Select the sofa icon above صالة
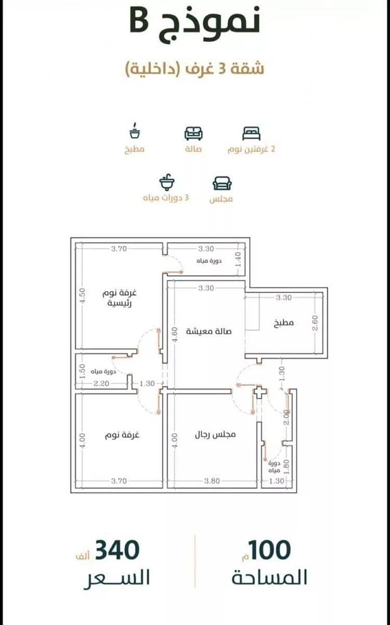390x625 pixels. (193, 133)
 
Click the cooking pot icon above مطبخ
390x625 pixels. (135, 131)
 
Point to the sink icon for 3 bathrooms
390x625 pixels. (167, 182)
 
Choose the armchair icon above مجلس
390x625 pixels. (222, 184)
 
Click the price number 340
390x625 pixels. (117, 550)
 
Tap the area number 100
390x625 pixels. (270, 550)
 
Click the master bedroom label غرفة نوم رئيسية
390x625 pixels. (119, 298)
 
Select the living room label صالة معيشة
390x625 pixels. (209, 331)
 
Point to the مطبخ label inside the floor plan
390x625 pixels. (284, 322)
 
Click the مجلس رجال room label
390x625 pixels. (215, 434)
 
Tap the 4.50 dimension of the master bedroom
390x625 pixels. (82, 296)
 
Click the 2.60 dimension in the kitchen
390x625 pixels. (315, 322)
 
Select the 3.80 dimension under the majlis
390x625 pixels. (212, 481)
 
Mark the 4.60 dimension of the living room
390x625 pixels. (174, 335)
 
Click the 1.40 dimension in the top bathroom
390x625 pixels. (238, 259)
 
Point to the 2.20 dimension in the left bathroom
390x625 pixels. (101, 383)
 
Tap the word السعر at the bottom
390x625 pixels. (117, 578)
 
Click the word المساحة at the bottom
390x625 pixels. (269, 577)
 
